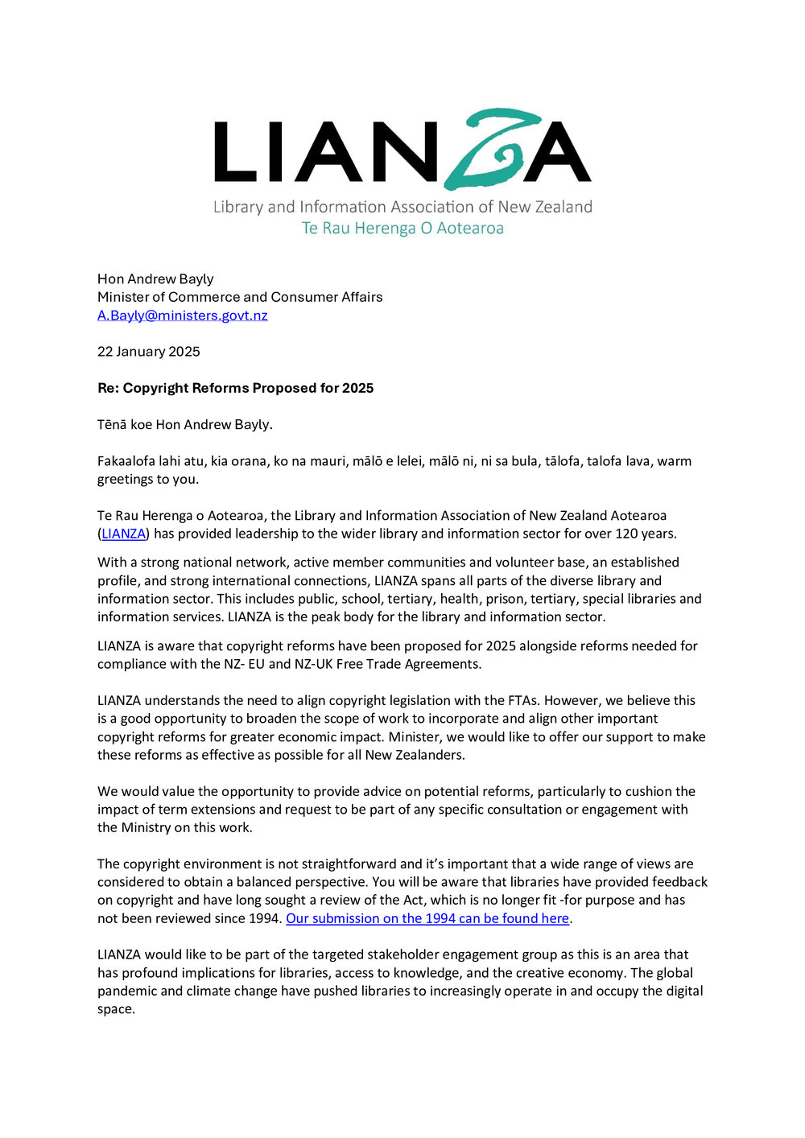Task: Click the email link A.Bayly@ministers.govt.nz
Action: [183, 315]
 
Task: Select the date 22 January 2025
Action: [149, 352]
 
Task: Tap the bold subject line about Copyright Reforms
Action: [236, 388]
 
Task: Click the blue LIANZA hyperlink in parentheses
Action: [123, 534]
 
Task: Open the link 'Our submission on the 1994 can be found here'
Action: [427, 918]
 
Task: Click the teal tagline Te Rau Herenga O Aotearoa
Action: [402, 229]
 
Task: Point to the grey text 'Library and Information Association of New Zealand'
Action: [402, 207]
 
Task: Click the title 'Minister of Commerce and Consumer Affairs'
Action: [240, 297]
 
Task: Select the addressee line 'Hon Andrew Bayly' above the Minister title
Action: [155, 279]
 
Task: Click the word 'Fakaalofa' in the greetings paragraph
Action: [126, 461]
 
